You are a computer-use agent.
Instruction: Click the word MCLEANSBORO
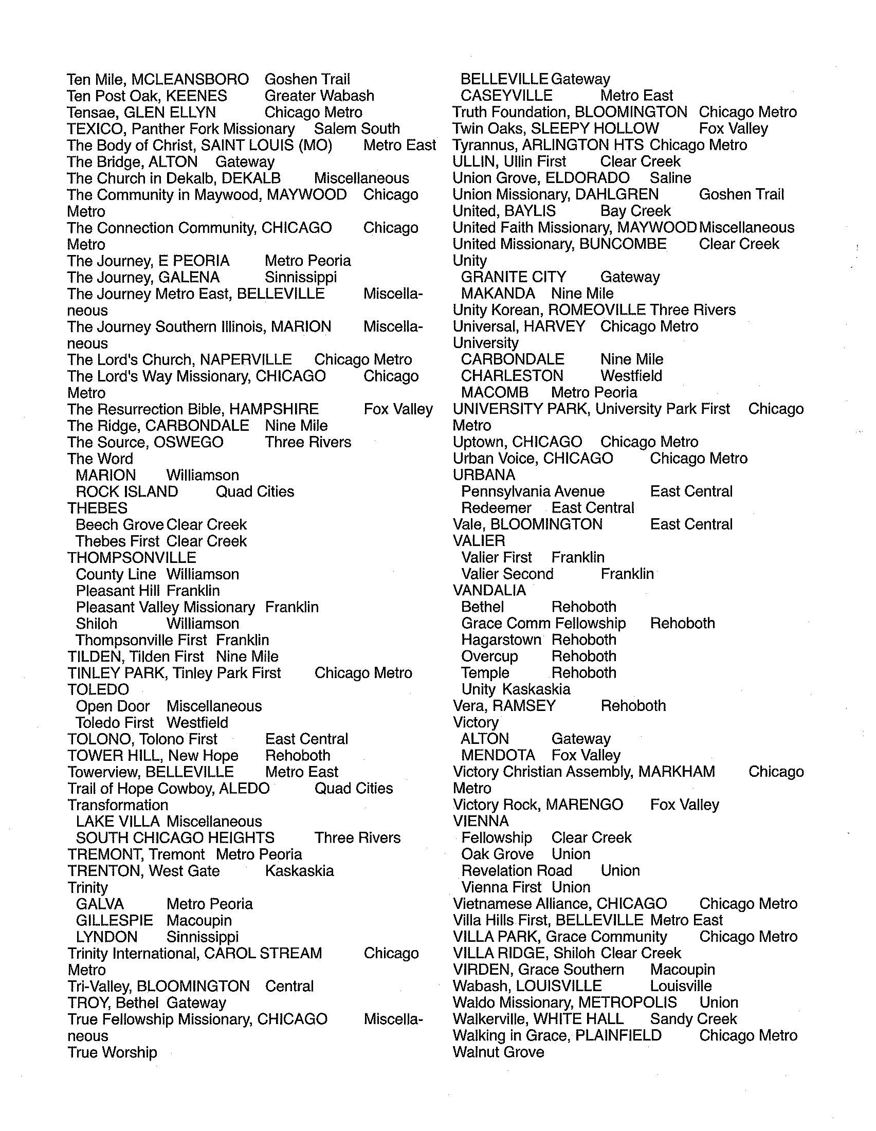tap(190, 80)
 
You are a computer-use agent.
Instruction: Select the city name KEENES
tap(196, 96)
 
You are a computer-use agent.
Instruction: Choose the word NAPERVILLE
tap(246, 360)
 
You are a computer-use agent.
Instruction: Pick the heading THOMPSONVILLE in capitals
tap(132, 558)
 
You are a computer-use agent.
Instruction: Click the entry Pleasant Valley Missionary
tap(165, 608)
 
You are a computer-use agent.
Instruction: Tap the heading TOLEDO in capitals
tap(98, 690)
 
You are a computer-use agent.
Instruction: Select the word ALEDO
tap(244, 789)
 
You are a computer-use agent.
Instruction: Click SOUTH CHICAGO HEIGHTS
tap(175, 838)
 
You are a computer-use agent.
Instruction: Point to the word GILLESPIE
tap(115, 921)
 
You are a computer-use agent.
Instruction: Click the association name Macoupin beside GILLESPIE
tap(199, 921)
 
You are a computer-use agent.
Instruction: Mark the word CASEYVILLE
tap(506, 96)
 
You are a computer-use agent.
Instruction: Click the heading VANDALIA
tap(489, 590)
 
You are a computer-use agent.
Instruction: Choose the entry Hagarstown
tap(501, 640)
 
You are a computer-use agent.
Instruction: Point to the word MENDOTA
tap(498, 756)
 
